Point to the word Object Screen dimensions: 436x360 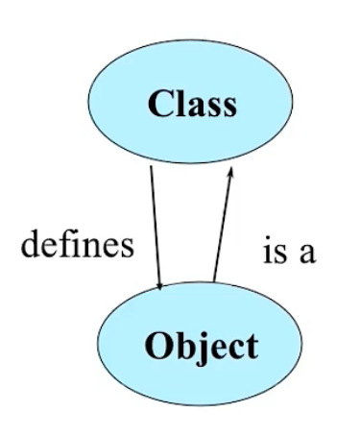tap(202, 346)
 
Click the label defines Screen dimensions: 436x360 tap(77, 244)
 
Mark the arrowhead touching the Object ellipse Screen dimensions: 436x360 tap(163, 283)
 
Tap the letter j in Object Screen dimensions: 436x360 tap(198, 348)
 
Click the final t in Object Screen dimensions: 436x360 tap(252, 347)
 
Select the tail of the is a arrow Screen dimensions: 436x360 tap(214, 283)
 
